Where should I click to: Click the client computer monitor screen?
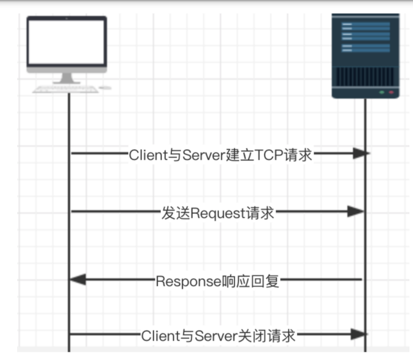point(66,44)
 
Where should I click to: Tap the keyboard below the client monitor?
point(66,89)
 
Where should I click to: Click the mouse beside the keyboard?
point(105,88)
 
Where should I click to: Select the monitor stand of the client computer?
point(67,77)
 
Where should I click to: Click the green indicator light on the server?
point(381,92)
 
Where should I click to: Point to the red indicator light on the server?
point(391,92)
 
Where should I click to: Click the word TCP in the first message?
point(268,155)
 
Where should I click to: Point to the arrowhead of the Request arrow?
point(356,211)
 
